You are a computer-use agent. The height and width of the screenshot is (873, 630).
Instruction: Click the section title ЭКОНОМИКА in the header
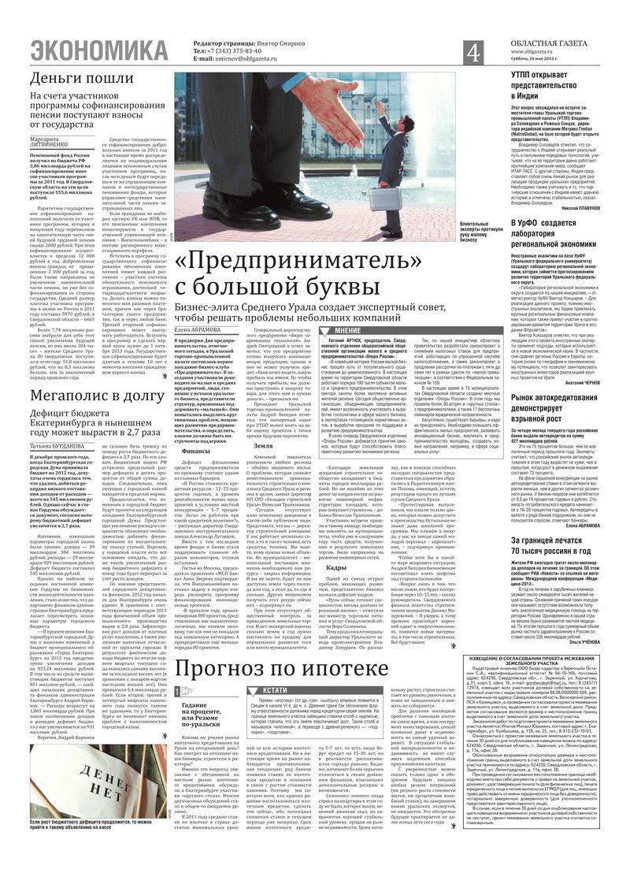tap(102, 51)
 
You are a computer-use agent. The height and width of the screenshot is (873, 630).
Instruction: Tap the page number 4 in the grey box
tap(473, 53)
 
